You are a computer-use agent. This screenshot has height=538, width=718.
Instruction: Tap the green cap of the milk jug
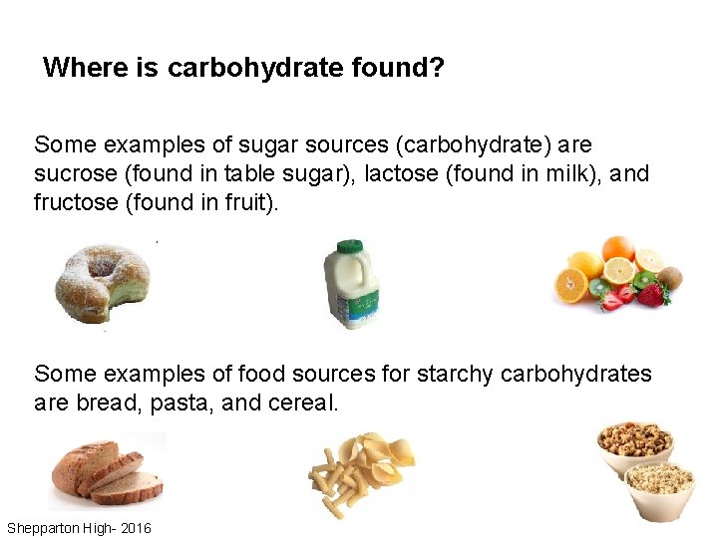click(x=349, y=246)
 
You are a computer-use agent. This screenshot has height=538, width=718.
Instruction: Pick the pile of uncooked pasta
click(x=362, y=474)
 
